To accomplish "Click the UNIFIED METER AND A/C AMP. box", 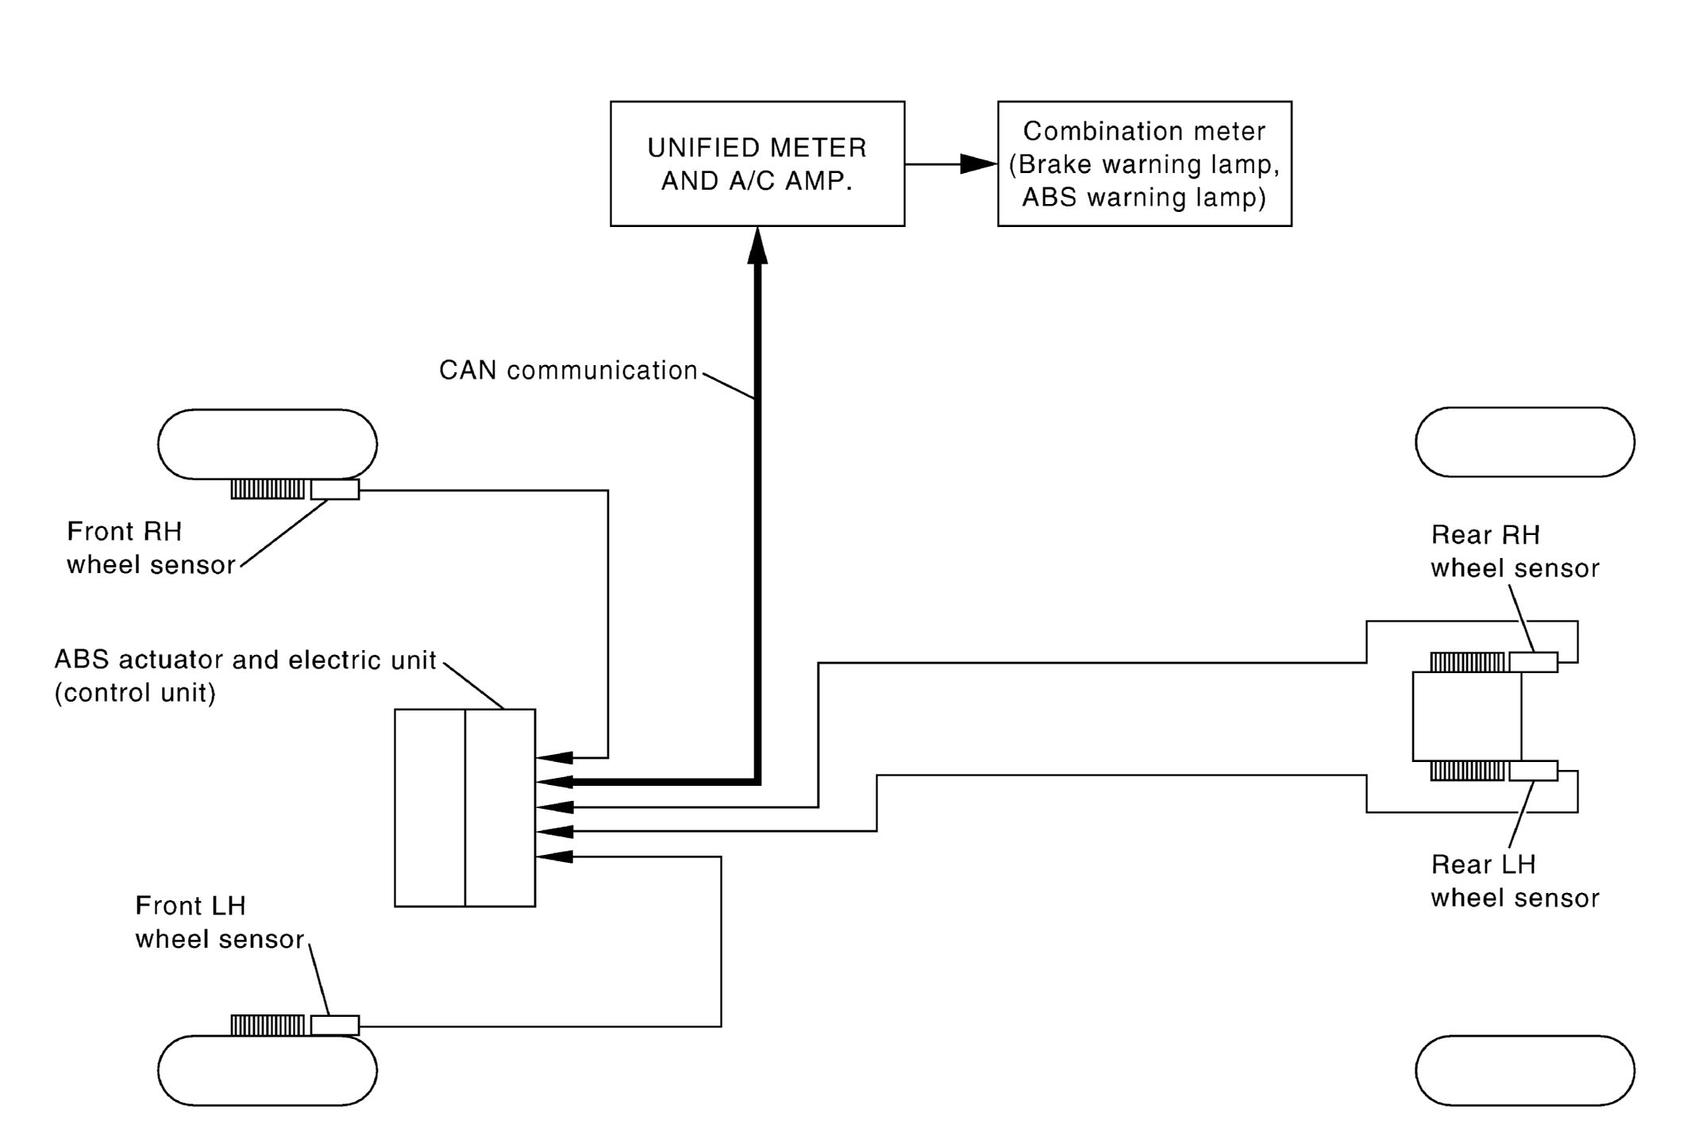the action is click(x=757, y=164).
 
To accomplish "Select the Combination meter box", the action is click(x=1144, y=164).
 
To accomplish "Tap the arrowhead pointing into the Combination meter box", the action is click(x=978, y=164).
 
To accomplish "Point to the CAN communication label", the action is click(x=568, y=370).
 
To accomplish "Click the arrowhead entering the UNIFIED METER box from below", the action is click(x=757, y=245).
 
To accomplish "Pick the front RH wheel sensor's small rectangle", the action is click(x=335, y=489).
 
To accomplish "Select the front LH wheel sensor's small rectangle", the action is click(x=335, y=1025).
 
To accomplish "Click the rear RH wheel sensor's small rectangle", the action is click(x=1534, y=661).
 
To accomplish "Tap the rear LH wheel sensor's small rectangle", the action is click(x=1534, y=770).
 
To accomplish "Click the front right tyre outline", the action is click(x=268, y=444).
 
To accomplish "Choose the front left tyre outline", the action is click(x=268, y=1070).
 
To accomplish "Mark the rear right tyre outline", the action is click(x=1525, y=442).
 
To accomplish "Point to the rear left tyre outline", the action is click(x=1525, y=1070).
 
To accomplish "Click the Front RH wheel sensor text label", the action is click(x=151, y=548).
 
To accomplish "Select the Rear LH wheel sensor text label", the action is click(x=1515, y=880).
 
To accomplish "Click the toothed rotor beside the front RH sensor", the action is click(x=268, y=489).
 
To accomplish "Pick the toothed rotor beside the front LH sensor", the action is click(x=268, y=1025).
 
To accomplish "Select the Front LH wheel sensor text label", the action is click(x=220, y=922).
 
